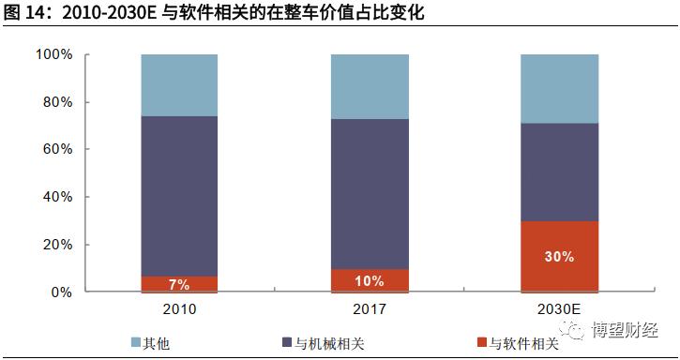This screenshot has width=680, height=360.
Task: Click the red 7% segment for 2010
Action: point(179,283)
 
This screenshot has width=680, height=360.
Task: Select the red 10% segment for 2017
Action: point(369,281)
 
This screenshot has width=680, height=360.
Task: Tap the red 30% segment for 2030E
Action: point(559,256)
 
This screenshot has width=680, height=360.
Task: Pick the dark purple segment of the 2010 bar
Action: point(179,196)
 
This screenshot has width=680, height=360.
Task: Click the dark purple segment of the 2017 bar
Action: point(369,194)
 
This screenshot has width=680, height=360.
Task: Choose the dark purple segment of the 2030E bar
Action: point(559,172)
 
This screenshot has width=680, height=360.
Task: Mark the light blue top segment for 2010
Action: point(179,85)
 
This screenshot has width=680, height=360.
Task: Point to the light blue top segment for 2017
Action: point(369,86)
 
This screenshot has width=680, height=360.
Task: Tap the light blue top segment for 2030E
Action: point(559,88)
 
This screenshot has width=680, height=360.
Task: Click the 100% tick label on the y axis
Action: point(53,55)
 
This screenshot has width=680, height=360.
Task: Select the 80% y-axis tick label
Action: point(57,102)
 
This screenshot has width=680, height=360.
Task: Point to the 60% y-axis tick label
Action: point(57,150)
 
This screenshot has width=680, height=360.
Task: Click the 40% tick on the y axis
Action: point(57,197)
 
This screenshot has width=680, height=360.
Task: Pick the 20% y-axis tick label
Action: point(57,245)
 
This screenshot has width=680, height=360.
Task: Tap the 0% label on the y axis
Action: point(61,292)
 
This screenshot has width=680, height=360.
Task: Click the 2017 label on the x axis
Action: point(369,309)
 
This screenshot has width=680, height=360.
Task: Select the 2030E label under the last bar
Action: point(559,309)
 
